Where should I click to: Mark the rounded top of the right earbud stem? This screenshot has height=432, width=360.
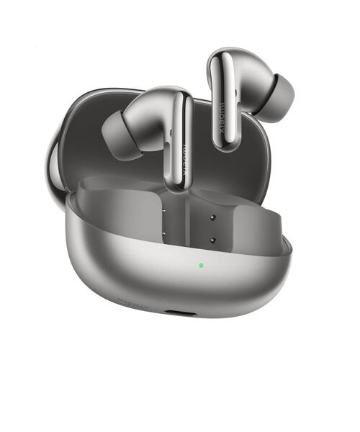click(x=227, y=56)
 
